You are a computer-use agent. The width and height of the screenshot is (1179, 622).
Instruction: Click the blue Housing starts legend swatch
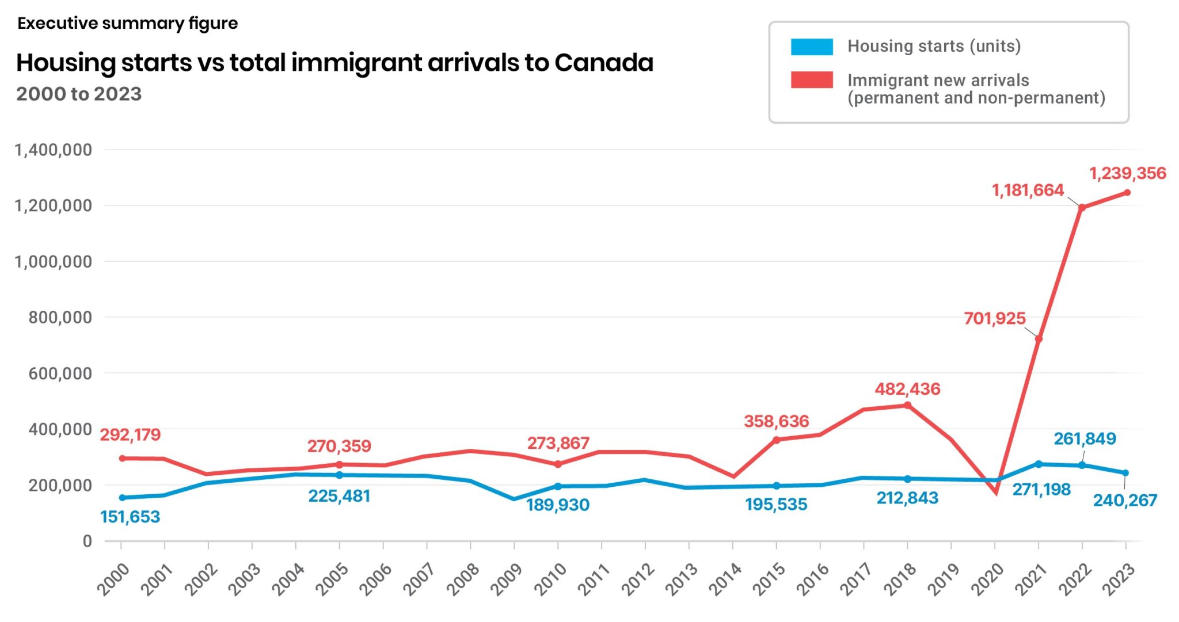click(x=811, y=47)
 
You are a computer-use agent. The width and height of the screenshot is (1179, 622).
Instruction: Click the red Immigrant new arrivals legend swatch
click(x=811, y=80)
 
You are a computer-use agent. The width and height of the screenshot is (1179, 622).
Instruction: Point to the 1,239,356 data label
click(x=1127, y=173)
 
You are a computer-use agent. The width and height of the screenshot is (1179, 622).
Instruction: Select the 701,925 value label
click(x=994, y=318)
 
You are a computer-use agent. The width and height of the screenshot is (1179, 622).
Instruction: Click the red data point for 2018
click(x=907, y=405)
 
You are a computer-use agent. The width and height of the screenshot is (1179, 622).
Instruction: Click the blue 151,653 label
click(x=130, y=517)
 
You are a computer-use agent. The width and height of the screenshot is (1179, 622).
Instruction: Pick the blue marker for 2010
click(x=558, y=486)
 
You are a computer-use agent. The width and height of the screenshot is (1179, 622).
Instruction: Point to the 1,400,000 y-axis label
click(x=53, y=150)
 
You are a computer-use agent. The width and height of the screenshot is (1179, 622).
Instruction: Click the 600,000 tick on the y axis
click(x=60, y=373)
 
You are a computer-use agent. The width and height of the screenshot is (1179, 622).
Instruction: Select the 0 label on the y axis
click(x=87, y=541)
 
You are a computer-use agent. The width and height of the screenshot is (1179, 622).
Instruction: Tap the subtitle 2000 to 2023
click(x=79, y=94)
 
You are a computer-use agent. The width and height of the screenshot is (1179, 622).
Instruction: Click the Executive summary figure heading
click(x=127, y=24)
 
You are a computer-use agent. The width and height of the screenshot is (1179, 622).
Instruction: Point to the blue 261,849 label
click(x=1084, y=438)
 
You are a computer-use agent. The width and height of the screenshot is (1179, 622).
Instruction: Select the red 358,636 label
click(x=776, y=421)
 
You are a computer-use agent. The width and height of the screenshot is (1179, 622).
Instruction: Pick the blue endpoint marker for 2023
click(x=1125, y=473)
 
